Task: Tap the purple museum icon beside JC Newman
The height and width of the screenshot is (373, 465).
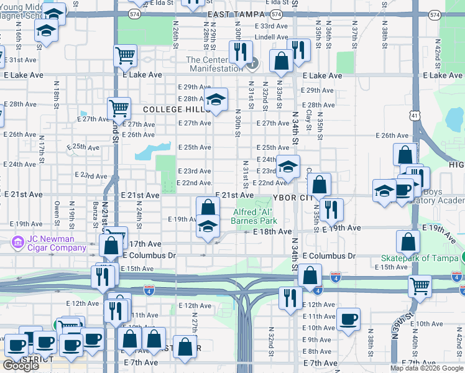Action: pos(17,241)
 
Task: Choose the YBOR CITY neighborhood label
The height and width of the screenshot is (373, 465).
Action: pos(295,196)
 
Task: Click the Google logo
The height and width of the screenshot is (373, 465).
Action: pos(21,366)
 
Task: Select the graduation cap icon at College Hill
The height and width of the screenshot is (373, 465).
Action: pos(216,99)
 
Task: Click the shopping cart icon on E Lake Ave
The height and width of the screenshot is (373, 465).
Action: pos(125,55)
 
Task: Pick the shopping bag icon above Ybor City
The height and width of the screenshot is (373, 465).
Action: pos(318,184)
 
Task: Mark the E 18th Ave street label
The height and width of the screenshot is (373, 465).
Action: pos(272,231)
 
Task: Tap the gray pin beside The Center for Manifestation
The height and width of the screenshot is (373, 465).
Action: pos(253,63)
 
